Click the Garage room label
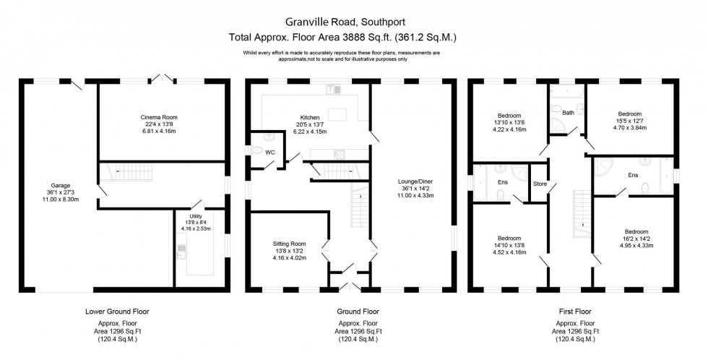pyautogui.click(x=60, y=185)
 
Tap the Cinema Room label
pyautogui.click(x=160, y=117)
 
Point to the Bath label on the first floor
pyautogui.click(x=569, y=113)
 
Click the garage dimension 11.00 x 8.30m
pyautogui.click(x=60, y=199)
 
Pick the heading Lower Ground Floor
pyautogui.click(x=118, y=312)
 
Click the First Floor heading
pyautogui.click(x=576, y=312)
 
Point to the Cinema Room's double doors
pyautogui.click(x=165, y=77)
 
